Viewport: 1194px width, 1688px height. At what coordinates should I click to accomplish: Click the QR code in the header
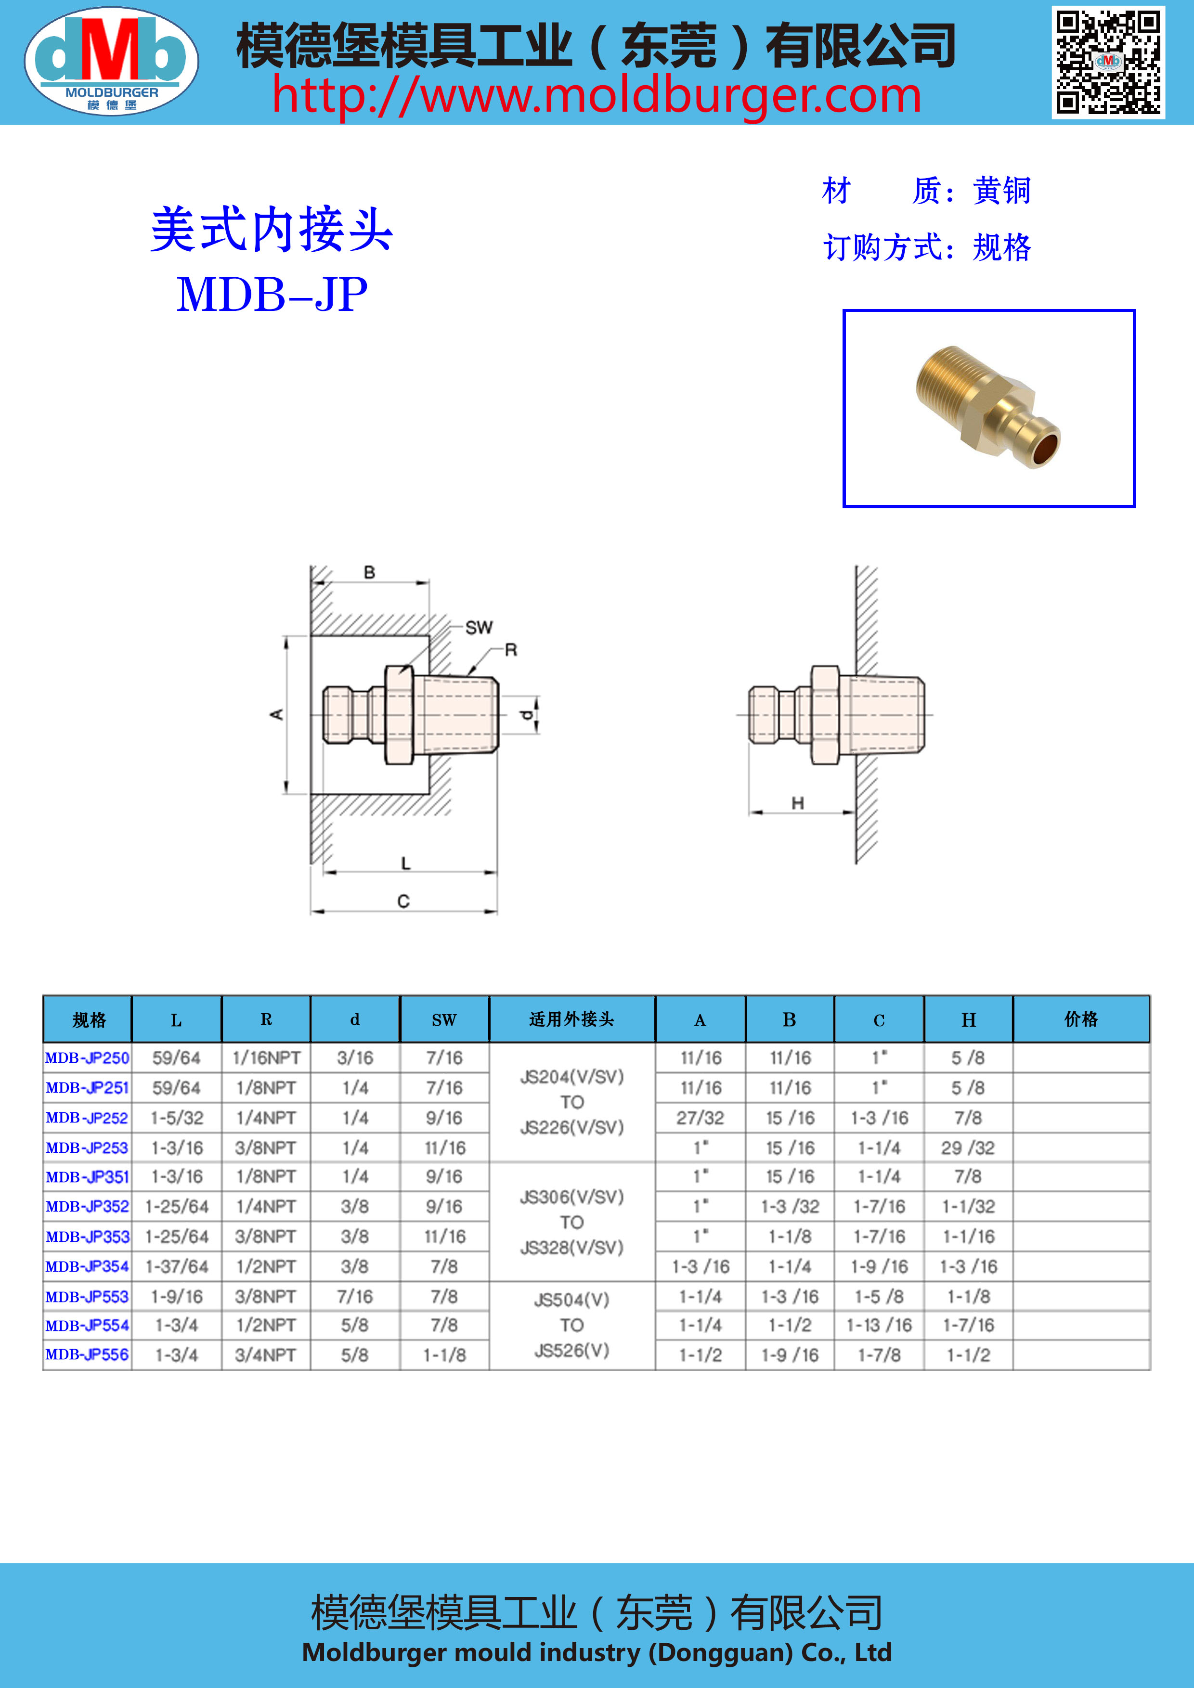(1108, 63)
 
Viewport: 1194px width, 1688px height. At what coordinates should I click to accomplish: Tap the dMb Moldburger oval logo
(112, 61)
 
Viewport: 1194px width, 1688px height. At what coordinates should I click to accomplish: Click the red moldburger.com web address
(596, 96)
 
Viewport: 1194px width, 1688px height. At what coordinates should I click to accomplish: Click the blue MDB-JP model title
(272, 295)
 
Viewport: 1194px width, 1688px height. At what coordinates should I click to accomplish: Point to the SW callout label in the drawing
(479, 627)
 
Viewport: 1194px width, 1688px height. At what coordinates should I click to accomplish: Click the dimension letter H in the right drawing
(798, 803)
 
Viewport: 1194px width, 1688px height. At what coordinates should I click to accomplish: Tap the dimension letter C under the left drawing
(403, 902)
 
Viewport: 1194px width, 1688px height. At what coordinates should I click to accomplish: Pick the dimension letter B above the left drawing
(370, 572)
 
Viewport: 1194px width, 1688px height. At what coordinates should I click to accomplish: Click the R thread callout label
(511, 650)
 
